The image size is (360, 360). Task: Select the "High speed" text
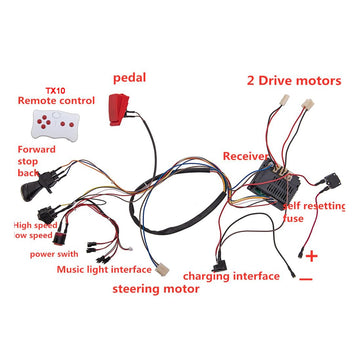click(31, 225)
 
